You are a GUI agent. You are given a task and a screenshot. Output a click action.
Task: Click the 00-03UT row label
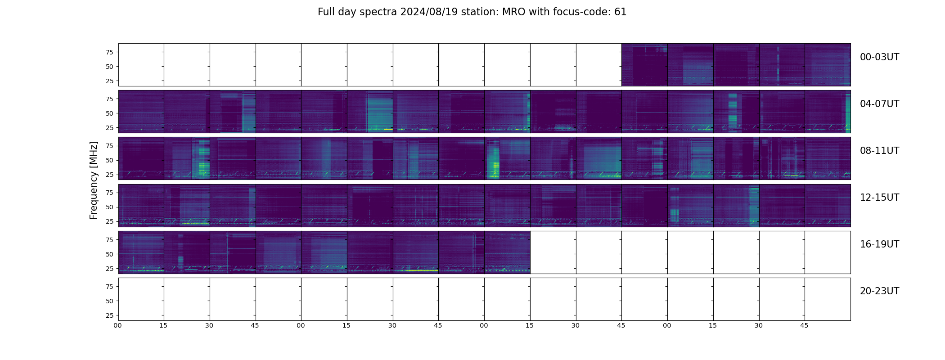[x=879, y=57]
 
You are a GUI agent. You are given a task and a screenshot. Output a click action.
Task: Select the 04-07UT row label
[x=879, y=104]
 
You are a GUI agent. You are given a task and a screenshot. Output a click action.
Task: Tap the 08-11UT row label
[x=879, y=151]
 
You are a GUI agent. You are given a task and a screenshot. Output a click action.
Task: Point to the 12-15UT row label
[x=879, y=198]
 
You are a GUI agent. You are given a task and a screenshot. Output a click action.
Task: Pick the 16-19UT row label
[x=879, y=244]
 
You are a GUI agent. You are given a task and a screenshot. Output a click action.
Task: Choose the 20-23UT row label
[x=879, y=291]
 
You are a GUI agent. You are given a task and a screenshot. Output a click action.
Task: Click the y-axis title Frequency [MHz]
[x=94, y=180]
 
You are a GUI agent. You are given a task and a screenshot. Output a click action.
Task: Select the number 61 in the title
[x=620, y=12]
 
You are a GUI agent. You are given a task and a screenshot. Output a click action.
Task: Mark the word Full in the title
[x=325, y=12]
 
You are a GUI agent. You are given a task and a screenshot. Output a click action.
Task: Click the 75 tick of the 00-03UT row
[x=109, y=52]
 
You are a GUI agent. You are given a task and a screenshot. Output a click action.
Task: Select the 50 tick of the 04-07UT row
[x=109, y=113]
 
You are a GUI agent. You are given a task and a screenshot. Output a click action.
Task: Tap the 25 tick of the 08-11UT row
[x=109, y=175]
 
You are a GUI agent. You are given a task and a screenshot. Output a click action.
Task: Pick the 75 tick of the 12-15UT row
[x=109, y=193]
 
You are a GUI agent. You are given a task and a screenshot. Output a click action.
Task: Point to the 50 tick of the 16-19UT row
[x=109, y=254]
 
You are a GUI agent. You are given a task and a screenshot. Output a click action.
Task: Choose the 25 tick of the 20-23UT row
[x=109, y=315]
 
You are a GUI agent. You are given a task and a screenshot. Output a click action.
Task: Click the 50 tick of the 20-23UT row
[x=109, y=301]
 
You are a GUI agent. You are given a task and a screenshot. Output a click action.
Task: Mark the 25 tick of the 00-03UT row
[x=109, y=81]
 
